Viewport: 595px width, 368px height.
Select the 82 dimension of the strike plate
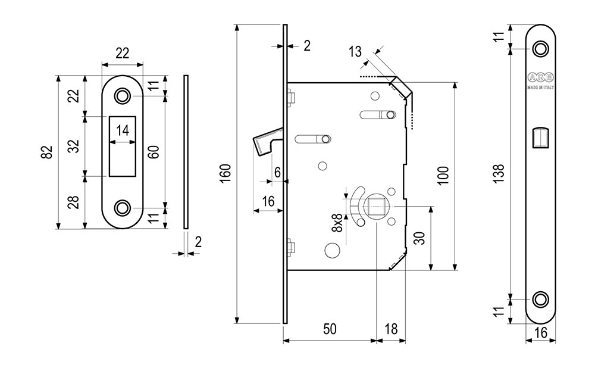click(48, 152)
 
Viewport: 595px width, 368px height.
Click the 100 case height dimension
click(443, 175)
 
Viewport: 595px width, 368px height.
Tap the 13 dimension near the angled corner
click(355, 52)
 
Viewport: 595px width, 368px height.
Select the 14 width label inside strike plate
click(123, 131)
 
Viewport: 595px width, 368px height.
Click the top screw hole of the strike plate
click(123, 95)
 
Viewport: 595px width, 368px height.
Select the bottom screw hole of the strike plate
click(123, 208)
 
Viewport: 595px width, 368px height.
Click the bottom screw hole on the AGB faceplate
click(541, 299)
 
